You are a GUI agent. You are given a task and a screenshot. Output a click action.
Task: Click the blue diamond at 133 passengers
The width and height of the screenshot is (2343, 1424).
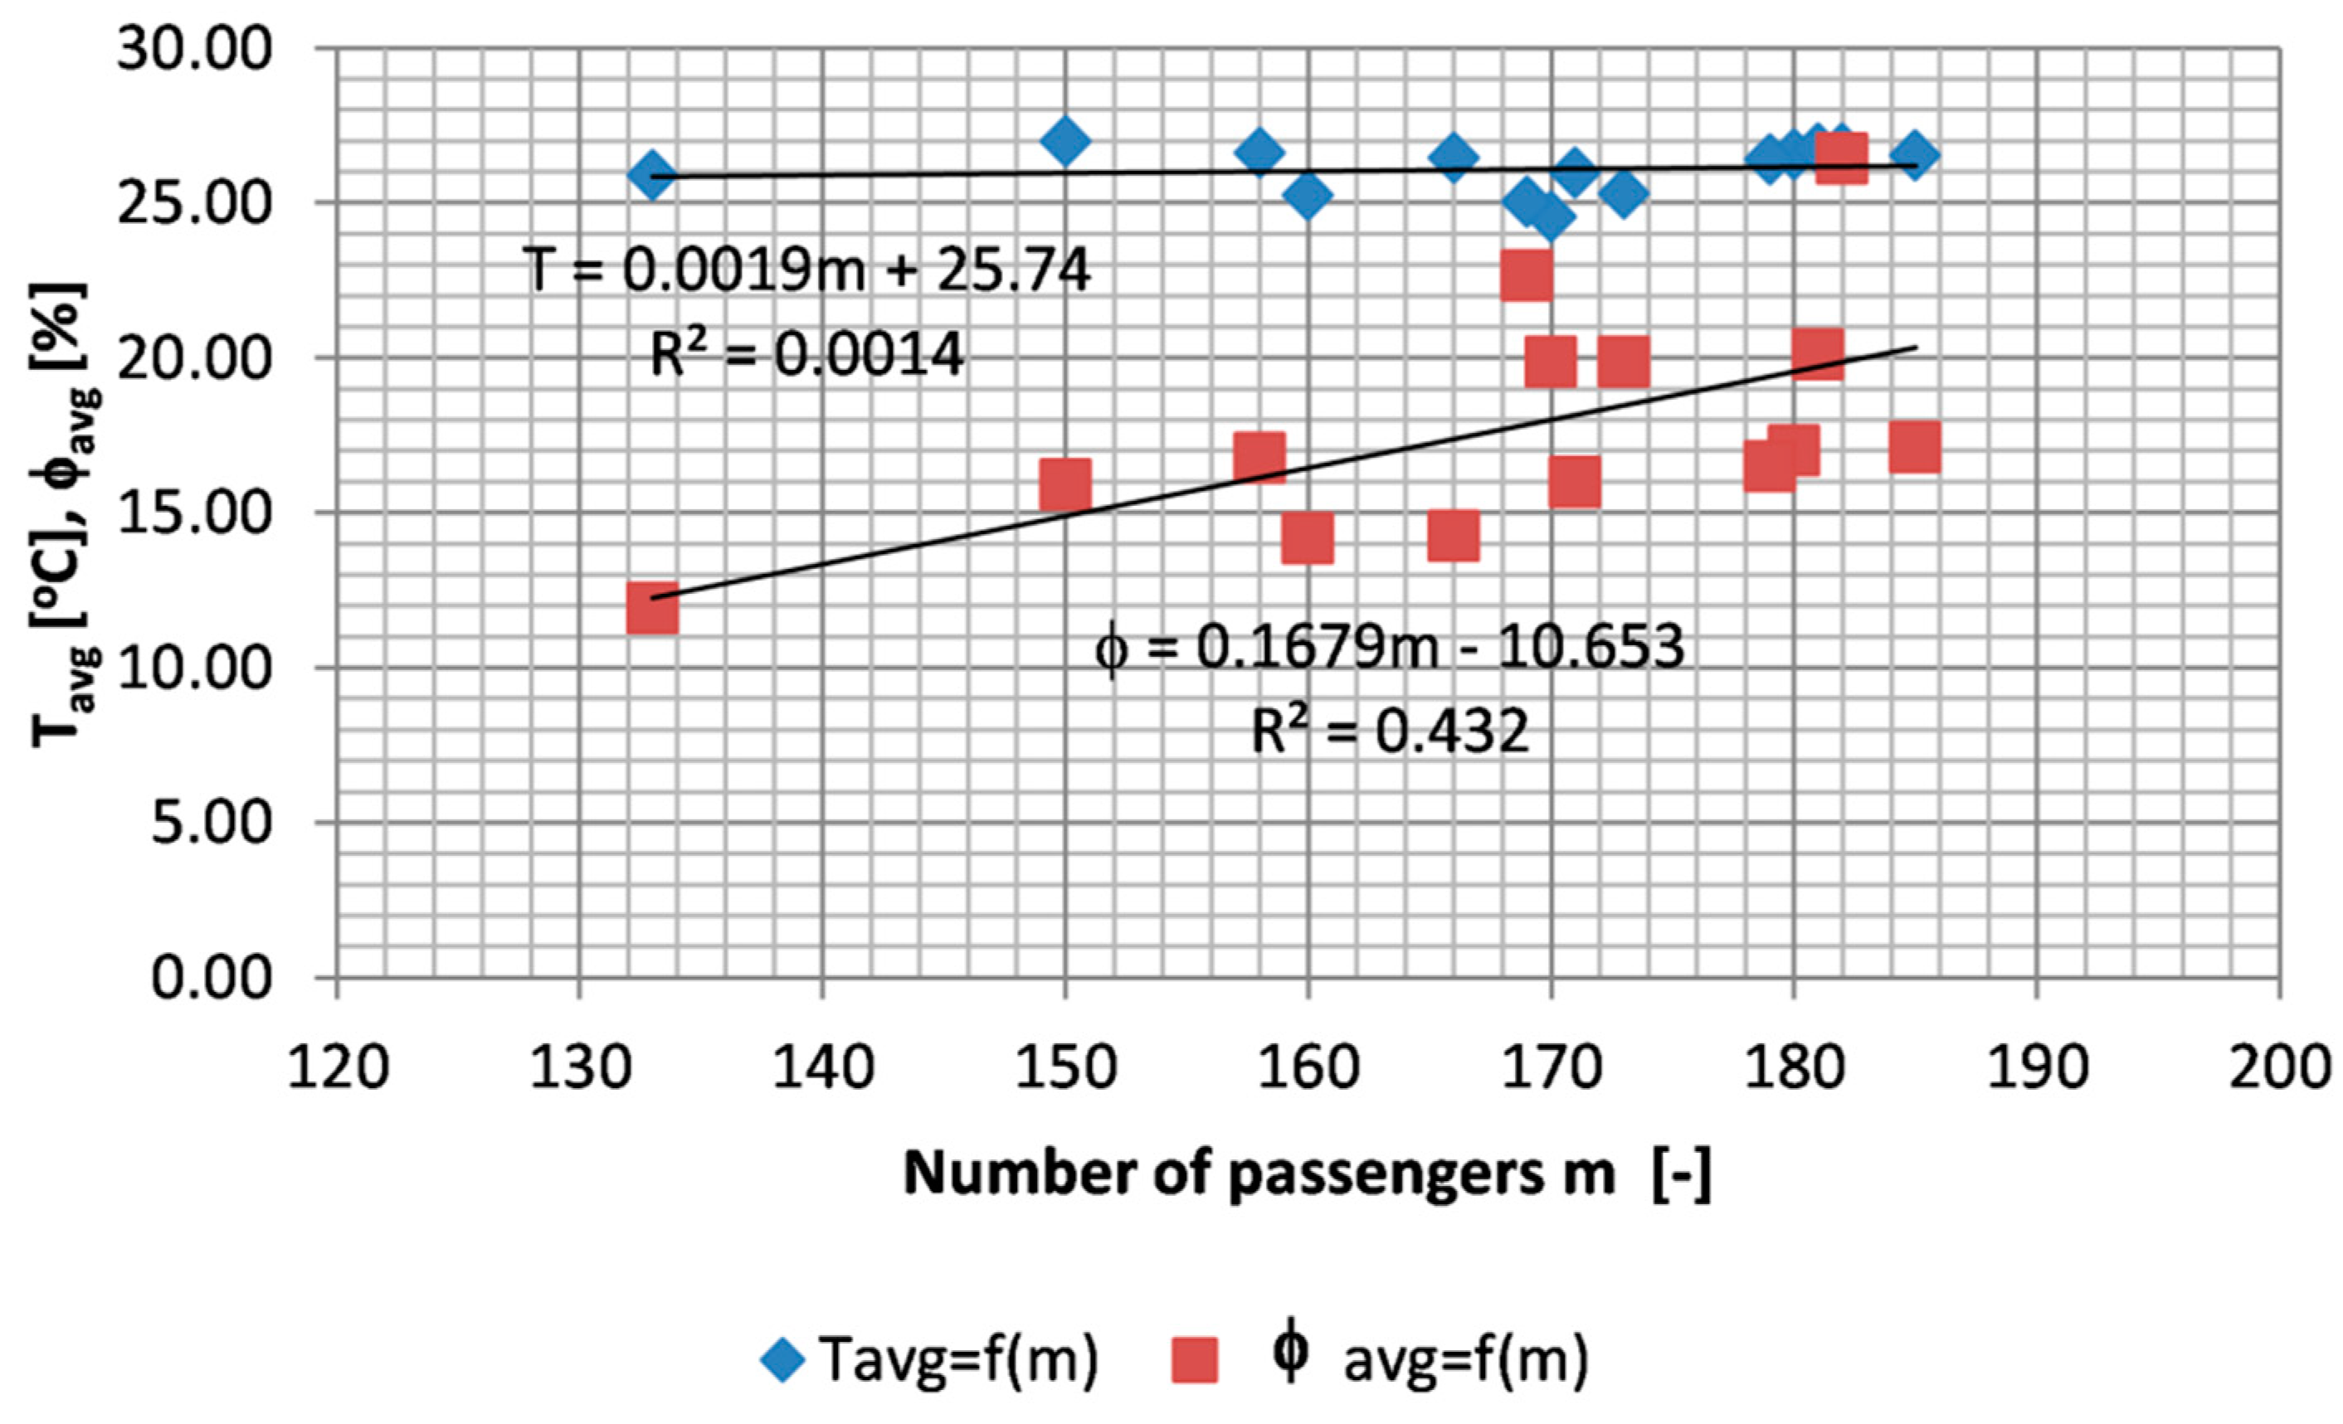tap(651, 176)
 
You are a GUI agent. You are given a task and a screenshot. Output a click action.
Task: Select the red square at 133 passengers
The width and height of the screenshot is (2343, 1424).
tap(652, 610)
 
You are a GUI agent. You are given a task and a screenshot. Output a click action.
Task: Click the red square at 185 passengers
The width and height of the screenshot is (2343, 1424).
tap(1914, 448)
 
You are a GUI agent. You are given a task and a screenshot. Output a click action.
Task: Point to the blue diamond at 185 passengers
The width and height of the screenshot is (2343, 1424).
tap(1914, 155)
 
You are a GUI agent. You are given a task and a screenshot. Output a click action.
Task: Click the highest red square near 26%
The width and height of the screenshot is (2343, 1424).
tap(1841, 158)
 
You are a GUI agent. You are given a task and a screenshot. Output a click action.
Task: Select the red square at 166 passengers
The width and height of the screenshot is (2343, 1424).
tap(1453, 535)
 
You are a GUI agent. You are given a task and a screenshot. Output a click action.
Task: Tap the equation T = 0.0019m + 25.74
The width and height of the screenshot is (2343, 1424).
tap(806, 270)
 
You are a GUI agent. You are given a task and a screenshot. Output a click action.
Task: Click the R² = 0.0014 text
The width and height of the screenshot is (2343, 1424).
tap(806, 356)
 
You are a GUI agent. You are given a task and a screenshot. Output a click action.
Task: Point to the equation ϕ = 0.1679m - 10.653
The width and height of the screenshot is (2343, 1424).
tap(1388, 649)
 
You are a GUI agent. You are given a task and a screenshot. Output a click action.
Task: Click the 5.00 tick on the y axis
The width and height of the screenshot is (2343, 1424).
tap(211, 822)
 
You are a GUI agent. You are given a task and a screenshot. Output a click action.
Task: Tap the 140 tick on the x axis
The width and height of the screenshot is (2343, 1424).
tap(821, 1067)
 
